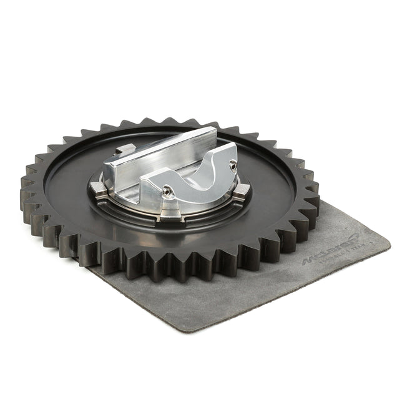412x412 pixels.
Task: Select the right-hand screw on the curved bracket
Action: pyautogui.click(x=233, y=164)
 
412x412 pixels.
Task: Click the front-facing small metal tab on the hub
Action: pyautogui.click(x=171, y=214)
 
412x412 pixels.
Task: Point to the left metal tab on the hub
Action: pyautogui.click(x=97, y=187)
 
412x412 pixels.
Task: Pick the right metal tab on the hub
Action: pyautogui.click(x=242, y=191)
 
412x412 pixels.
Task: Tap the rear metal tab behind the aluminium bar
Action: pyautogui.click(x=124, y=150)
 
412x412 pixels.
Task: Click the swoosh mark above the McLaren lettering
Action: pyautogui.click(x=350, y=237)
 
